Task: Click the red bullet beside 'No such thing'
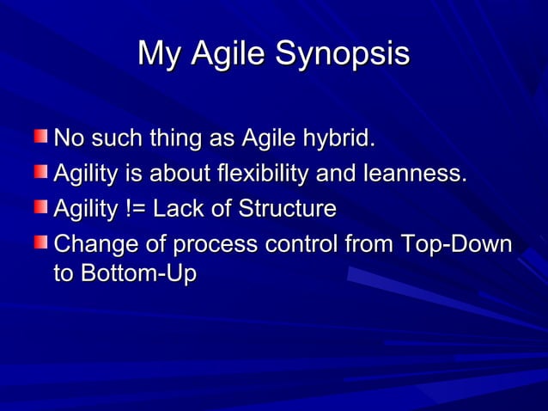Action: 41,137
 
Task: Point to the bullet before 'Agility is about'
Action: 41,173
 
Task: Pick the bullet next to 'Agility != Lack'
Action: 41,208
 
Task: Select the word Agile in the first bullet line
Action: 266,138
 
